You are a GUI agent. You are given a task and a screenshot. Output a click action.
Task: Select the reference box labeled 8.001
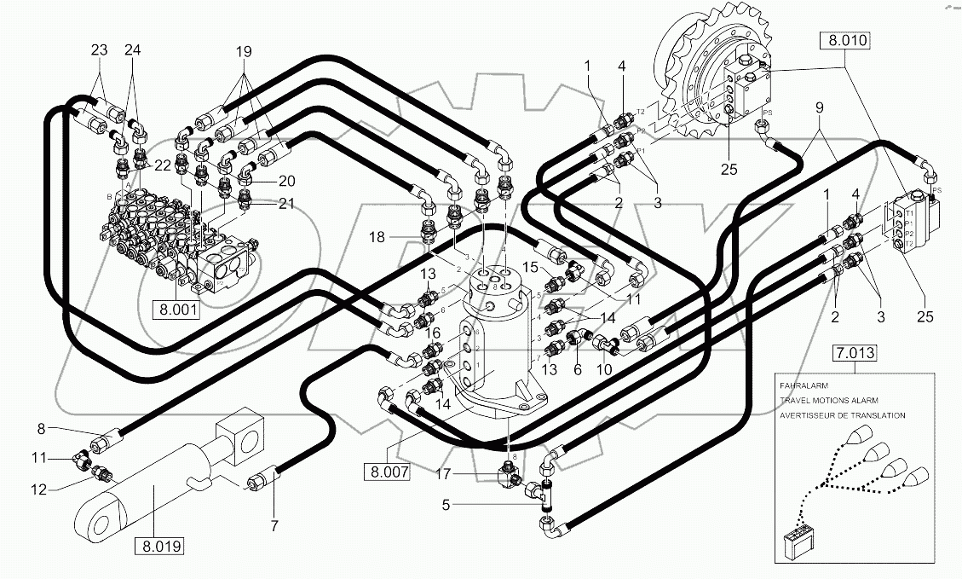[x=176, y=308]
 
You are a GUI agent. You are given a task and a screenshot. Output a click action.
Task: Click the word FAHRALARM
[x=803, y=385]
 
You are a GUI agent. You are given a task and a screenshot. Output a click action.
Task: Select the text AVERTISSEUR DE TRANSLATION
[x=842, y=415]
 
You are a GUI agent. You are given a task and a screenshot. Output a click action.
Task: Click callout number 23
[x=99, y=49]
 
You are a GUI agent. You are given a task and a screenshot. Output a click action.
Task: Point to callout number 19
[x=245, y=51]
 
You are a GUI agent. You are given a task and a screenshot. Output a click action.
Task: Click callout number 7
[x=274, y=526]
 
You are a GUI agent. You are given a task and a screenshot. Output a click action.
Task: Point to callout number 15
[x=530, y=267]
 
